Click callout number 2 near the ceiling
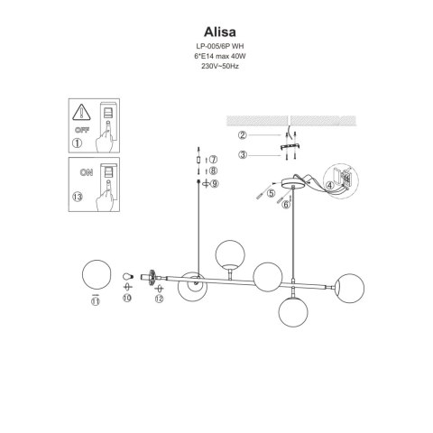tap(241, 135)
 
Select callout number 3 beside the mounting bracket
tap(241, 154)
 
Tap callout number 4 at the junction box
tap(331, 186)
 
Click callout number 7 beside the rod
tap(214, 159)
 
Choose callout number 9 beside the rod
tap(214, 184)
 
